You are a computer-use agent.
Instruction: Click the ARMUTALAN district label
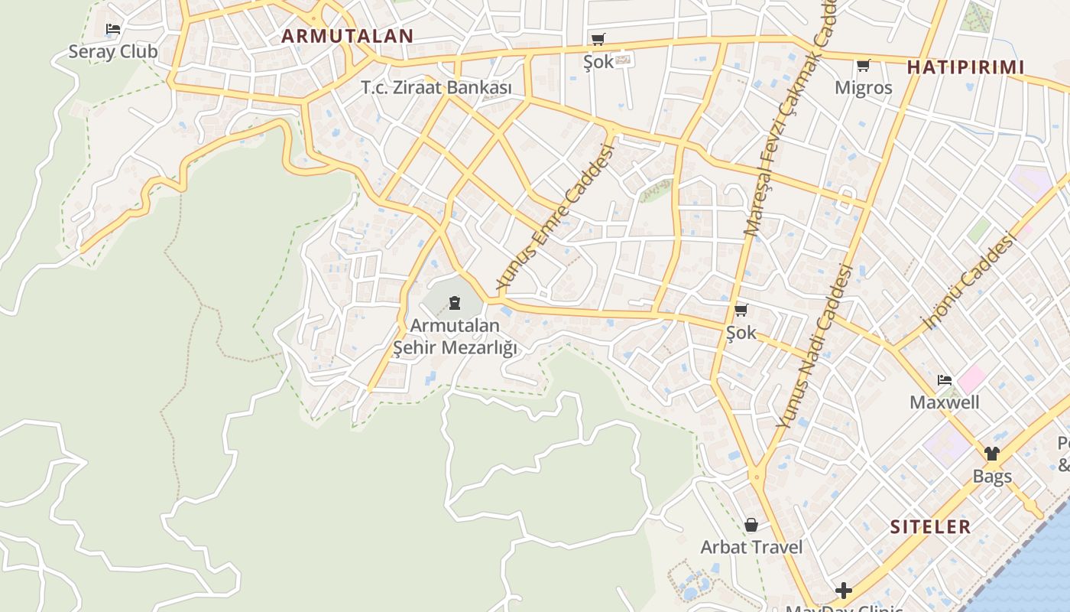pyautogui.click(x=347, y=35)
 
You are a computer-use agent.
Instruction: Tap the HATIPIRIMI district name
pyautogui.click(x=965, y=67)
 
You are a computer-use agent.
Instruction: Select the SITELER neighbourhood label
pyautogui.click(x=930, y=526)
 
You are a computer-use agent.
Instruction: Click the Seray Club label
pyautogui.click(x=113, y=52)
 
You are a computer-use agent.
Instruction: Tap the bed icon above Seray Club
pyautogui.click(x=113, y=29)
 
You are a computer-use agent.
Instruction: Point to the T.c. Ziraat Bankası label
pyautogui.click(x=436, y=88)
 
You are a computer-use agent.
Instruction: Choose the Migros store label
pyautogui.click(x=863, y=87)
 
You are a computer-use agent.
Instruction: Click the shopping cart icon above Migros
pyautogui.click(x=864, y=66)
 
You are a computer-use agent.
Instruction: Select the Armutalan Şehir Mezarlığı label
pyautogui.click(x=455, y=337)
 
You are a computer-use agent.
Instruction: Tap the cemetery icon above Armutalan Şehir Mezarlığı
pyautogui.click(x=455, y=303)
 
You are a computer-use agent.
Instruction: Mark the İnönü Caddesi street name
pyautogui.click(x=968, y=282)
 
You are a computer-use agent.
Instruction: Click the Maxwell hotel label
pyautogui.click(x=944, y=402)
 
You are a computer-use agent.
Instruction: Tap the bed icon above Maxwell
pyautogui.click(x=945, y=380)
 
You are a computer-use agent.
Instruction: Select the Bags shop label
pyautogui.click(x=992, y=476)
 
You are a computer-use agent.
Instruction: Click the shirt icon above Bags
pyautogui.click(x=992, y=454)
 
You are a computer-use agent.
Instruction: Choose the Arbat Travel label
pyautogui.click(x=751, y=547)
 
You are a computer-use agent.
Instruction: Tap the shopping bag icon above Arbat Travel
pyautogui.click(x=751, y=525)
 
